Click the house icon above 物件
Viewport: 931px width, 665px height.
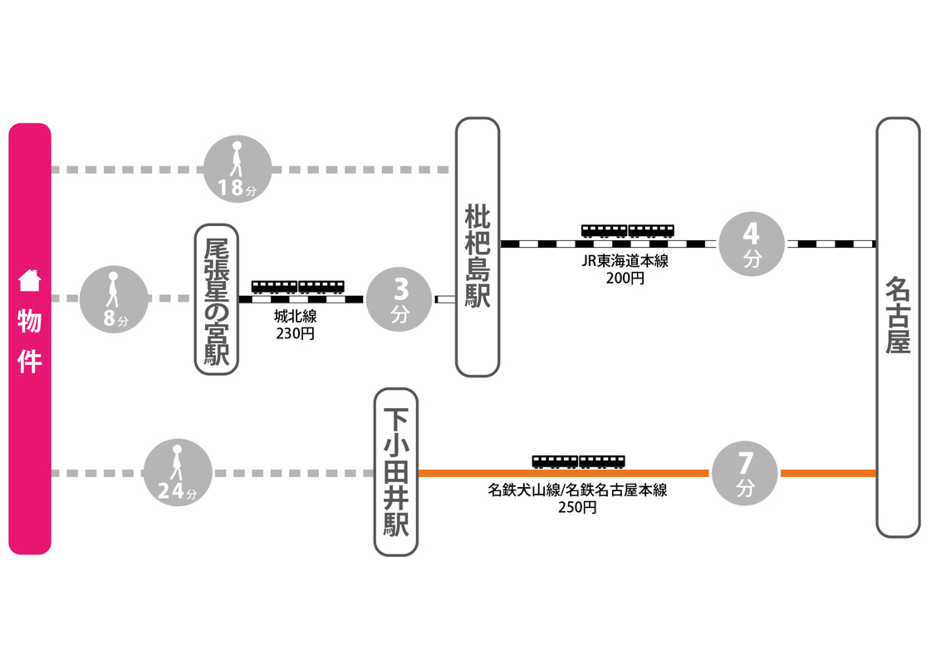[30, 280]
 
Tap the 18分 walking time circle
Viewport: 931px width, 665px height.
[237, 170]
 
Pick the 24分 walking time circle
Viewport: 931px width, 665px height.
[178, 473]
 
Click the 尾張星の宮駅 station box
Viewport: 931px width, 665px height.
[216, 298]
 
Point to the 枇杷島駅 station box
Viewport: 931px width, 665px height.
[478, 247]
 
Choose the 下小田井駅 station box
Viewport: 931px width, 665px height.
[396, 471]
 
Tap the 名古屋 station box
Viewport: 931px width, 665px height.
[898, 327]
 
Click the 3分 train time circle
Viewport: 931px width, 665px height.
[401, 298]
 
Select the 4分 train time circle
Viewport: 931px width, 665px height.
[752, 243]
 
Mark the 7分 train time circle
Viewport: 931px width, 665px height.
[745, 473]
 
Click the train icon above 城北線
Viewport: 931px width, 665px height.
[297, 287]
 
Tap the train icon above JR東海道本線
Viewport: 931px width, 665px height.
[627, 231]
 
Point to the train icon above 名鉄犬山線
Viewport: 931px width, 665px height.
[578, 461]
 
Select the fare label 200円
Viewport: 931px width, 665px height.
[625, 278]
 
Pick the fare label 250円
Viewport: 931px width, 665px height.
[577, 507]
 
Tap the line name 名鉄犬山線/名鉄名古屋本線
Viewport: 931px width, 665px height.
[577, 490]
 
